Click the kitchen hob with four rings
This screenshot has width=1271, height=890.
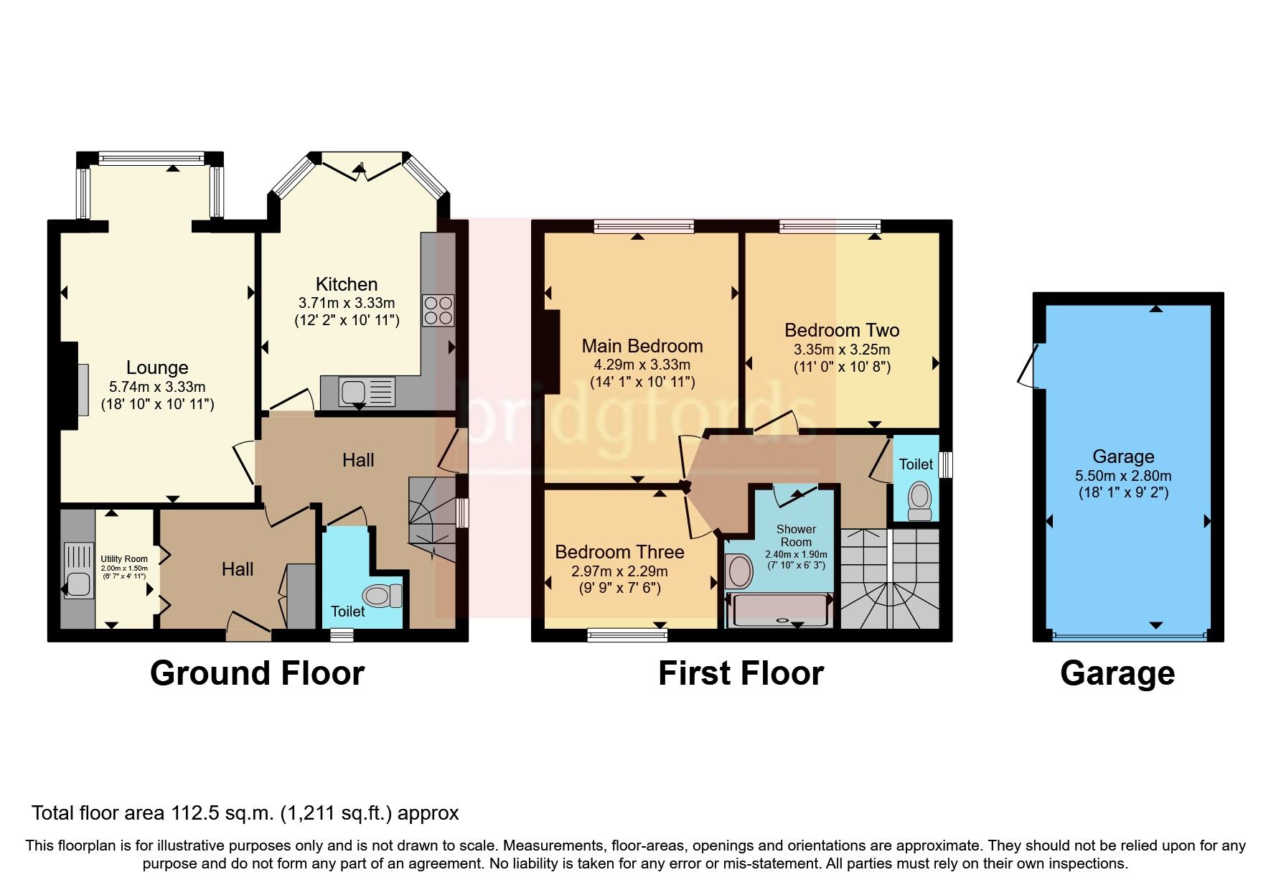pos(438,311)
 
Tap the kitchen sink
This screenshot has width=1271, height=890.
pos(353,392)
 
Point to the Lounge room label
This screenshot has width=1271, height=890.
pos(157,367)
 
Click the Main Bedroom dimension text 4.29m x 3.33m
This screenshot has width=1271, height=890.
pos(642,365)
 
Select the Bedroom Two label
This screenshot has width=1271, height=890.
pos(841,330)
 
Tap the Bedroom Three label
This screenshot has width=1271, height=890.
pos(619,552)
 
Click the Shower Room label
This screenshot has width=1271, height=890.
pos(796,535)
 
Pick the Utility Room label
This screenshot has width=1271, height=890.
pos(124,559)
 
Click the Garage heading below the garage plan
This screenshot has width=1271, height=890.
pos(1117,673)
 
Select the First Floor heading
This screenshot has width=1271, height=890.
pos(741,673)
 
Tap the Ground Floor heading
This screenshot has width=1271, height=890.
pos(257,673)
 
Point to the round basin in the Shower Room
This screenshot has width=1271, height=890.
pos(739,571)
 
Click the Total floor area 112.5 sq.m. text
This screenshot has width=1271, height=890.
pos(245,813)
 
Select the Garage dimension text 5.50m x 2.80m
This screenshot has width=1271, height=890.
pos(1122,475)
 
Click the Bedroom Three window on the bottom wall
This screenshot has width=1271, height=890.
pos(627,634)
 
